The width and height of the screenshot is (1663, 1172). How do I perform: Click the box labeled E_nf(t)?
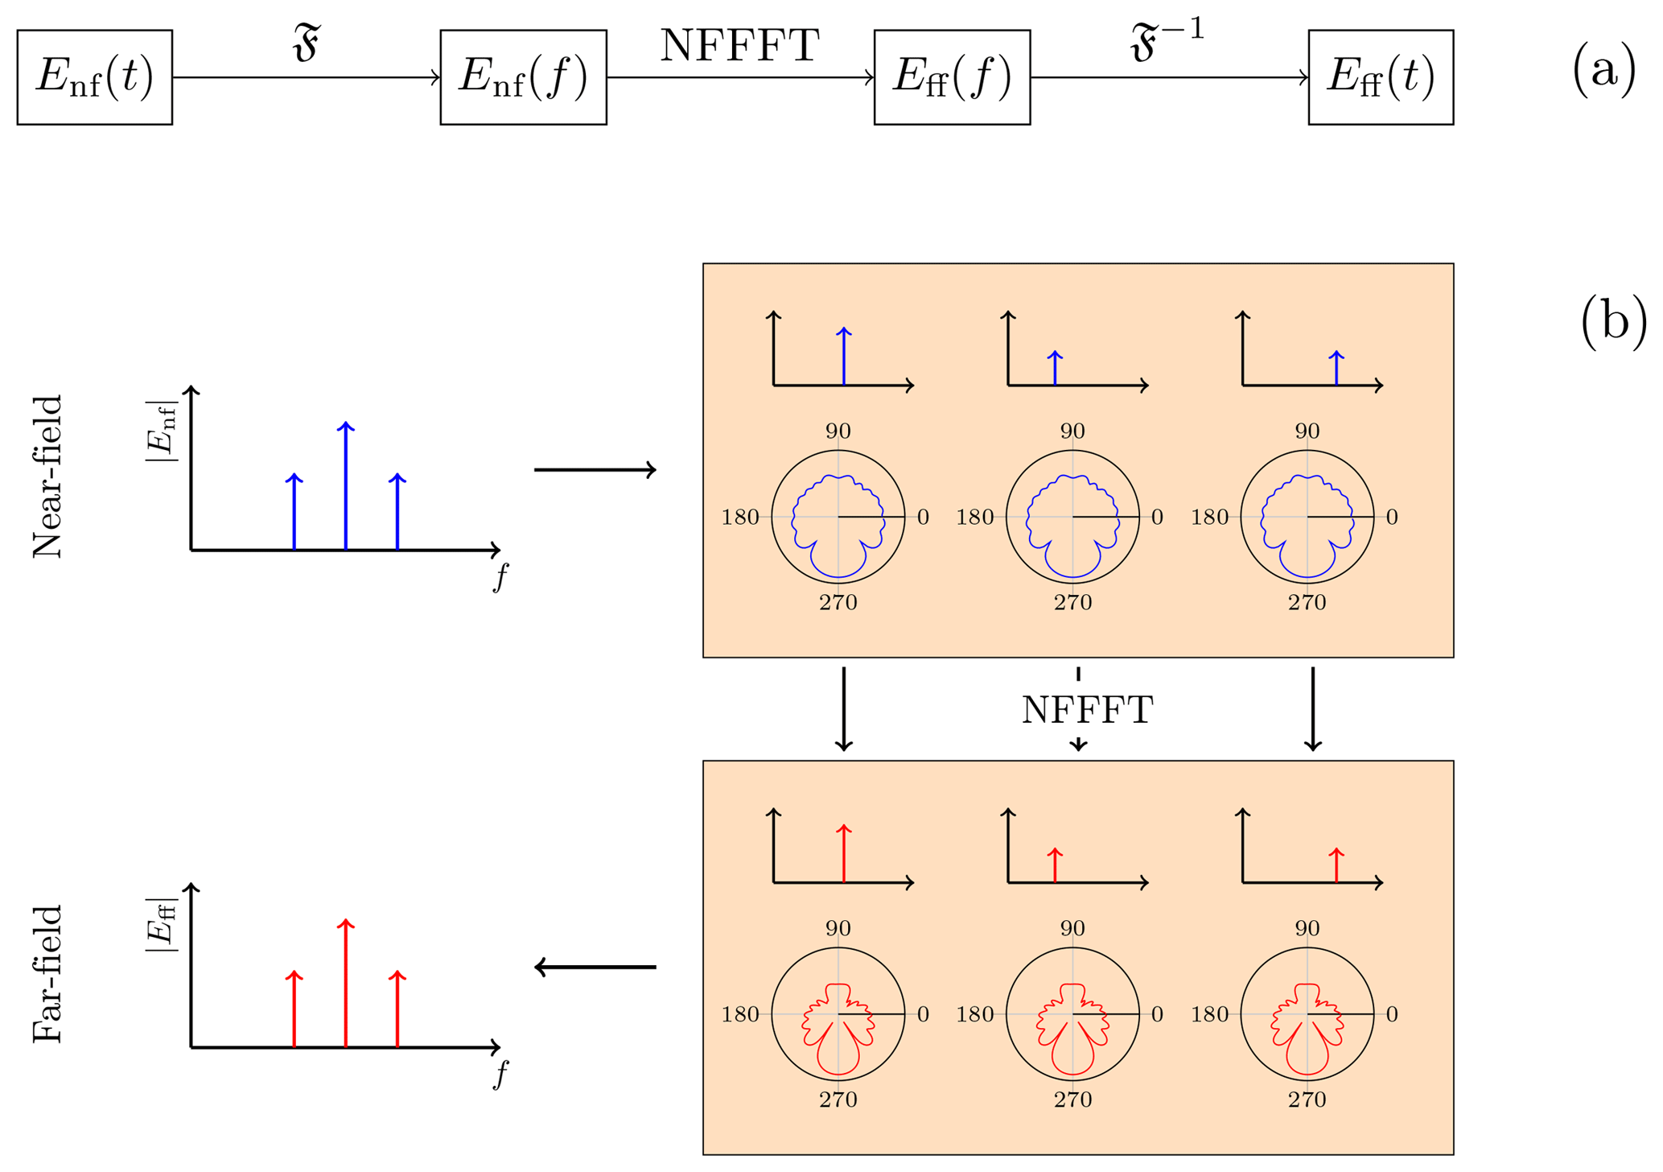tap(94, 77)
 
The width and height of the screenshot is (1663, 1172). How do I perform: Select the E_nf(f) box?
tap(523, 77)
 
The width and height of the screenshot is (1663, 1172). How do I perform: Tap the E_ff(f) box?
tap(952, 77)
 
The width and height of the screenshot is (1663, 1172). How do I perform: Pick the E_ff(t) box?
tap(1381, 77)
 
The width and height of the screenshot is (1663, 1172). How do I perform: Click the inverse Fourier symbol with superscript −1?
tap(1167, 42)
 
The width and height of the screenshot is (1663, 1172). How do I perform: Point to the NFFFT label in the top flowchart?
tap(739, 46)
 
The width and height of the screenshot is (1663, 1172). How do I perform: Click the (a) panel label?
tap(1603, 71)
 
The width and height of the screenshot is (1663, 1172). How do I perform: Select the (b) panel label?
tap(1613, 322)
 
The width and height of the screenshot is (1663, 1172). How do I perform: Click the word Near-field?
tap(47, 477)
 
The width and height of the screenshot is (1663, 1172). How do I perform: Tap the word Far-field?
tap(47, 974)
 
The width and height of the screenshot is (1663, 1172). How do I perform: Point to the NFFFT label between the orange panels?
tap(1087, 710)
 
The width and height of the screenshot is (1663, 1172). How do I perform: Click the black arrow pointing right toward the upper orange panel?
tap(595, 470)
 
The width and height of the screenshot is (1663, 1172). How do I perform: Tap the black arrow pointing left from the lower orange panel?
tap(595, 967)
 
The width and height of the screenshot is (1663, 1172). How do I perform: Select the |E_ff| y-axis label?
tap(161, 926)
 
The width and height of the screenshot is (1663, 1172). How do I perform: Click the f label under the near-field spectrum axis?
tap(500, 576)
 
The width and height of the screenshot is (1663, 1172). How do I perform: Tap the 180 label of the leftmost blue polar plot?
tap(740, 517)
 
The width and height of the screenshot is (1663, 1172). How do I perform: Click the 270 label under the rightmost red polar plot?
tap(1307, 1100)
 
